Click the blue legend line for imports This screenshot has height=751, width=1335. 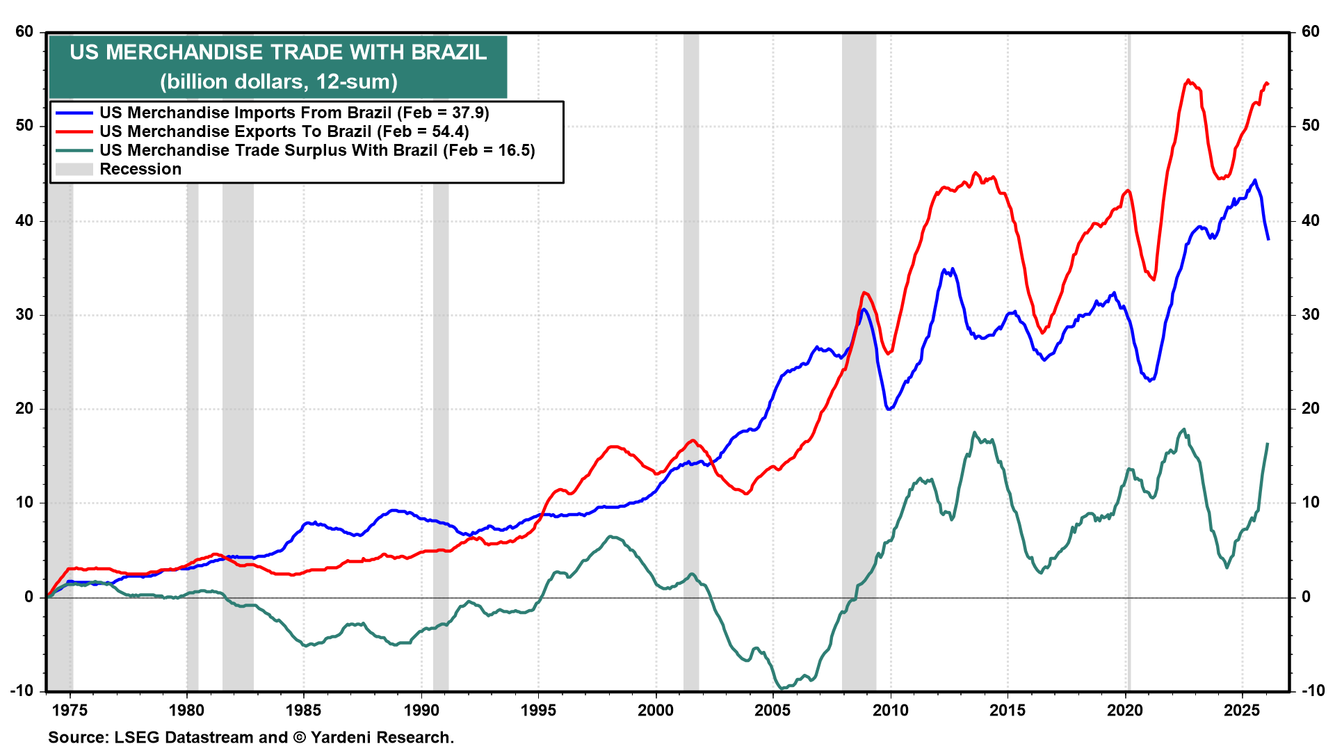click(74, 113)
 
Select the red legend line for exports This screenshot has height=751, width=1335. click(74, 131)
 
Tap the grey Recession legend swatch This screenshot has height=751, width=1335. click(74, 169)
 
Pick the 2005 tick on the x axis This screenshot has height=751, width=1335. click(772, 710)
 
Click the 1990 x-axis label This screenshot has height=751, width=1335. click(421, 710)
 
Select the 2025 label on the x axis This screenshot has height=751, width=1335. click(1241, 710)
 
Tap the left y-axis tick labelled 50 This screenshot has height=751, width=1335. click(24, 126)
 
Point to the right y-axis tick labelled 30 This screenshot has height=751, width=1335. click(1310, 314)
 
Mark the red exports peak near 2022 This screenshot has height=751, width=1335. click(1188, 81)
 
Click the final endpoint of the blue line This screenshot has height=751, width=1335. click(1268, 239)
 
